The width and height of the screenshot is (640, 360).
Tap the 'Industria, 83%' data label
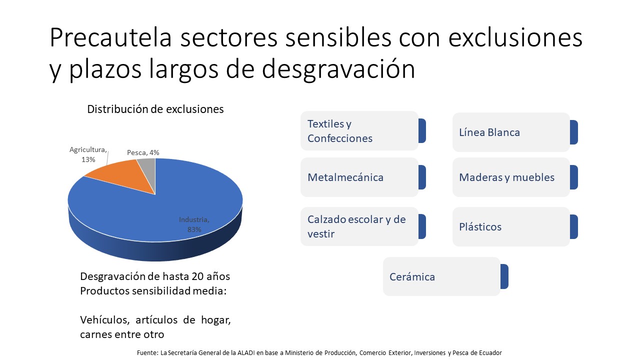[x=194, y=224]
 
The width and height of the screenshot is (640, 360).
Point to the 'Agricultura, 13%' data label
[x=88, y=154]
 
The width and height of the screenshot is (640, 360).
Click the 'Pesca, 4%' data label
[x=143, y=152]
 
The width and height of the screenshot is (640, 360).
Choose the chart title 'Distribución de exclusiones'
[x=155, y=109]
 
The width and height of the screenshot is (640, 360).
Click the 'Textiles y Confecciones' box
[x=359, y=131]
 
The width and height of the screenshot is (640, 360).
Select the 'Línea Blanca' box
[x=510, y=132]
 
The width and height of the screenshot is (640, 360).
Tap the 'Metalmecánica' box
[x=359, y=177]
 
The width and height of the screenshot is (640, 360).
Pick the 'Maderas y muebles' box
[x=510, y=177]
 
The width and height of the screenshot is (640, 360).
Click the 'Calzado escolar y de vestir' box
[x=359, y=226]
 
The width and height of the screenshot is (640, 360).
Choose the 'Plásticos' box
[x=510, y=226]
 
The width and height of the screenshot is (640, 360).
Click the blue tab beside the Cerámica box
[x=504, y=276]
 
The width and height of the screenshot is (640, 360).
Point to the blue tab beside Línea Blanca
[x=574, y=132]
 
